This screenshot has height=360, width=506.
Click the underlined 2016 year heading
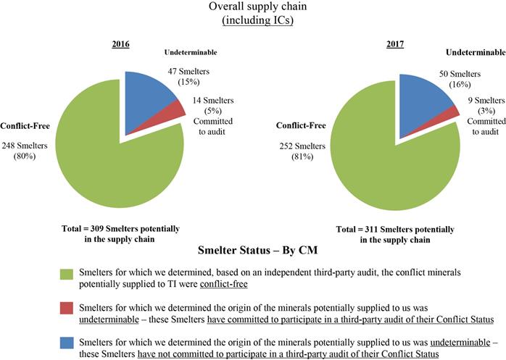(120, 45)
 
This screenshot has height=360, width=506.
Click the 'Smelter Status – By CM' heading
(252, 251)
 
